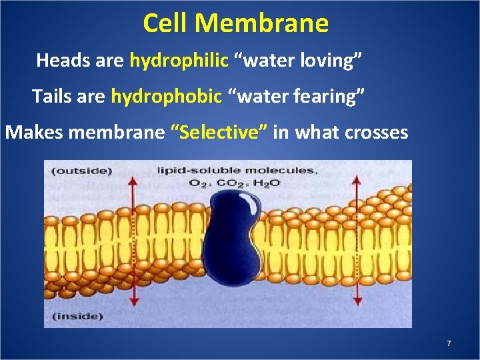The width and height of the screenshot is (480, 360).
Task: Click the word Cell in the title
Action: click(167, 23)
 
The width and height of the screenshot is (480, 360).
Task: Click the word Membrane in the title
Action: click(263, 23)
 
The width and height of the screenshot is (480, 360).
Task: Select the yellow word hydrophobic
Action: click(166, 96)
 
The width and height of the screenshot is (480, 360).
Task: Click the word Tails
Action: click(51, 96)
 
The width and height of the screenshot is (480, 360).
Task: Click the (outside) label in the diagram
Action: click(82, 171)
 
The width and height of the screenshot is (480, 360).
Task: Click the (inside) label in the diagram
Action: click(78, 315)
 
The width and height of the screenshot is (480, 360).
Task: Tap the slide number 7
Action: click(449, 343)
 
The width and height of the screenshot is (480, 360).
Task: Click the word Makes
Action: click(34, 132)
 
